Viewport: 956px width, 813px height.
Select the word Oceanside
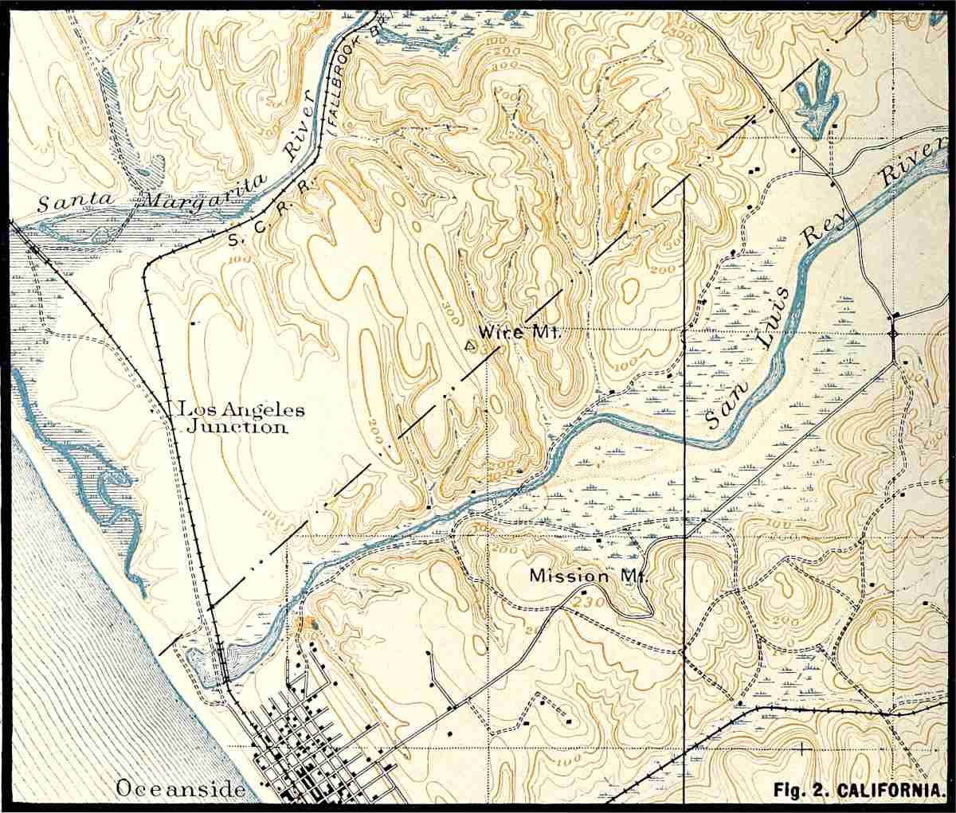(x=179, y=789)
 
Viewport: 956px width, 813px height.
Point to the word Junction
(x=237, y=428)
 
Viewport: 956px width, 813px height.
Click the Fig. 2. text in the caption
(x=797, y=792)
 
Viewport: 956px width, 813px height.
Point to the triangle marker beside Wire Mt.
(x=470, y=346)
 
